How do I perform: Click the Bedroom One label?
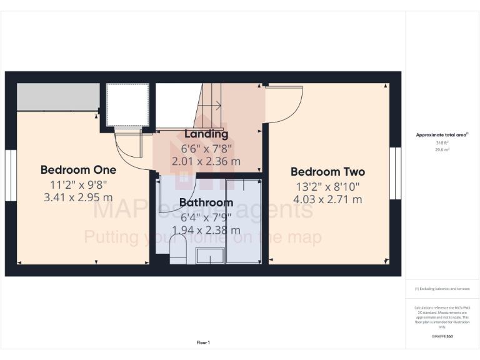tap(78, 169)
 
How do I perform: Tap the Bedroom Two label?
tap(327, 172)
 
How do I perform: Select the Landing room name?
tap(206, 134)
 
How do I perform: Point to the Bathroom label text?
tap(206, 202)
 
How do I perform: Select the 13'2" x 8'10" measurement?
tap(327, 186)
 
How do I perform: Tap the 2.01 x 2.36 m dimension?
tap(206, 161)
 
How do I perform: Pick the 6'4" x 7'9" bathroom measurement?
tap(206, 217)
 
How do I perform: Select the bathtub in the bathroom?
tap(244, 222)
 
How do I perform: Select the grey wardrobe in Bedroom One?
tap(57, 97)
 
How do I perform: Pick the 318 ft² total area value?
tap(442, 143)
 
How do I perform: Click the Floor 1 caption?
tap(203, 342)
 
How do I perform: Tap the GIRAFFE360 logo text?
tap(442, 336)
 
